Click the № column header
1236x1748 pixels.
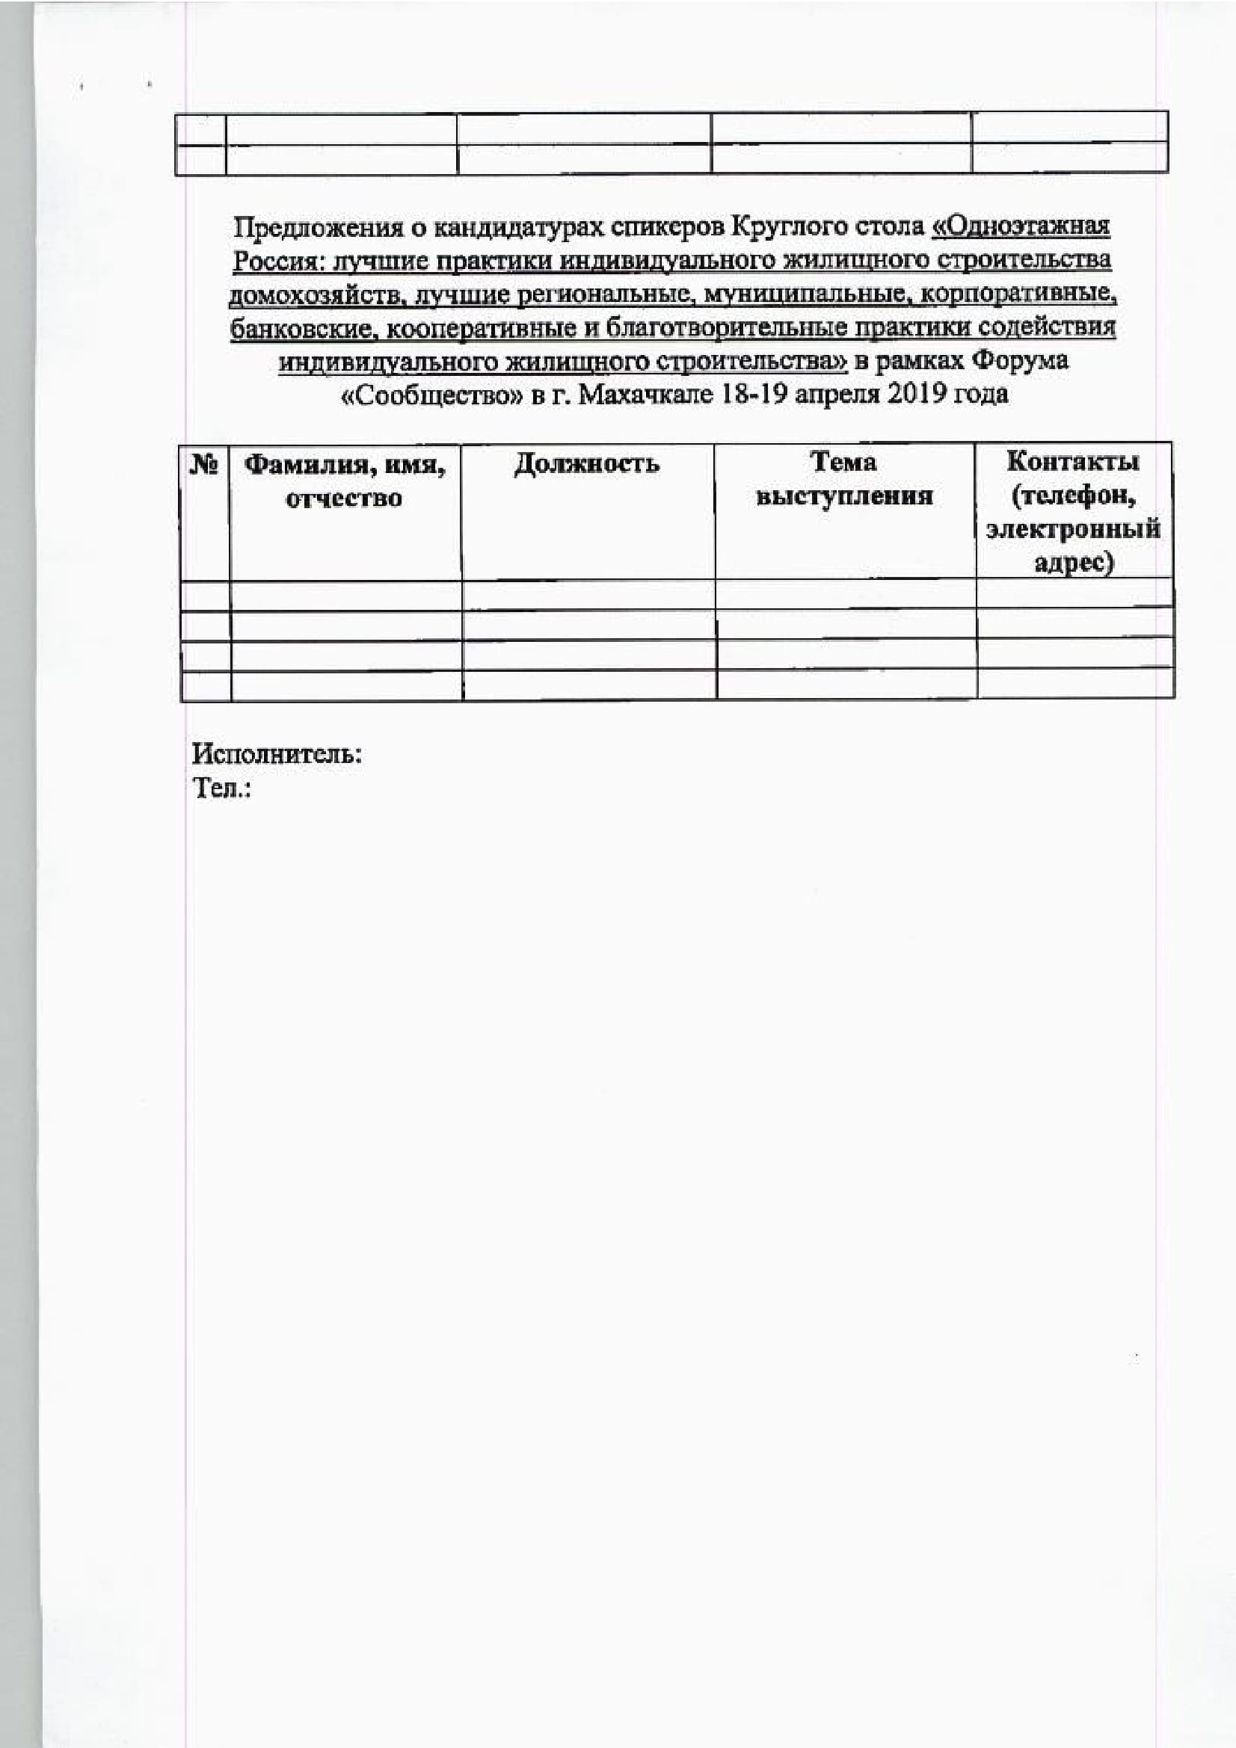click(x=203, y=463)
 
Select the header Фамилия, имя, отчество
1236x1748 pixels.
click(x=344, y=481)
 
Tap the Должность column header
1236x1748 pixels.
click(x=586, y=463)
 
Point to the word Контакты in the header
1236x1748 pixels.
click(x=1072, y=461)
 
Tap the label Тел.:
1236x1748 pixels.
click(x=221, y=788)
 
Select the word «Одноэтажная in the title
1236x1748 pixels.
click(x=1021, y=226)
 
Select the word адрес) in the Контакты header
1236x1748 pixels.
click(x=1073, y=563)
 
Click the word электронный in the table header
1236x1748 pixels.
click(x=1072, y=529)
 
